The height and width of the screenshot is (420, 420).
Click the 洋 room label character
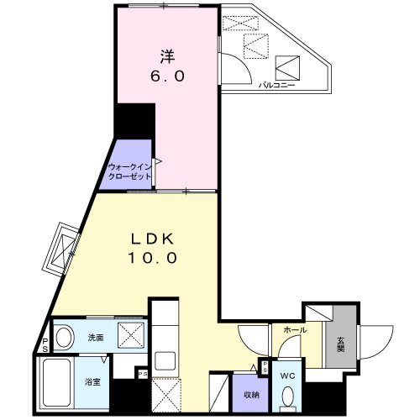(167, 56)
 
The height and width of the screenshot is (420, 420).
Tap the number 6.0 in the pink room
(167, 76)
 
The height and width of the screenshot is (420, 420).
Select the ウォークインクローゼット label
(129, 172)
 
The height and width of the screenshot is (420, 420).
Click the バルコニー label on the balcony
(275, 85)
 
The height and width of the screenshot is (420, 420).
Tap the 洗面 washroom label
(95, 338)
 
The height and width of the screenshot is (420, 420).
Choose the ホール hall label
(294, 331)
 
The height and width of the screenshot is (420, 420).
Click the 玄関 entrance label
(341, 344)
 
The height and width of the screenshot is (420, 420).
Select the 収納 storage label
(250, 393)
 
